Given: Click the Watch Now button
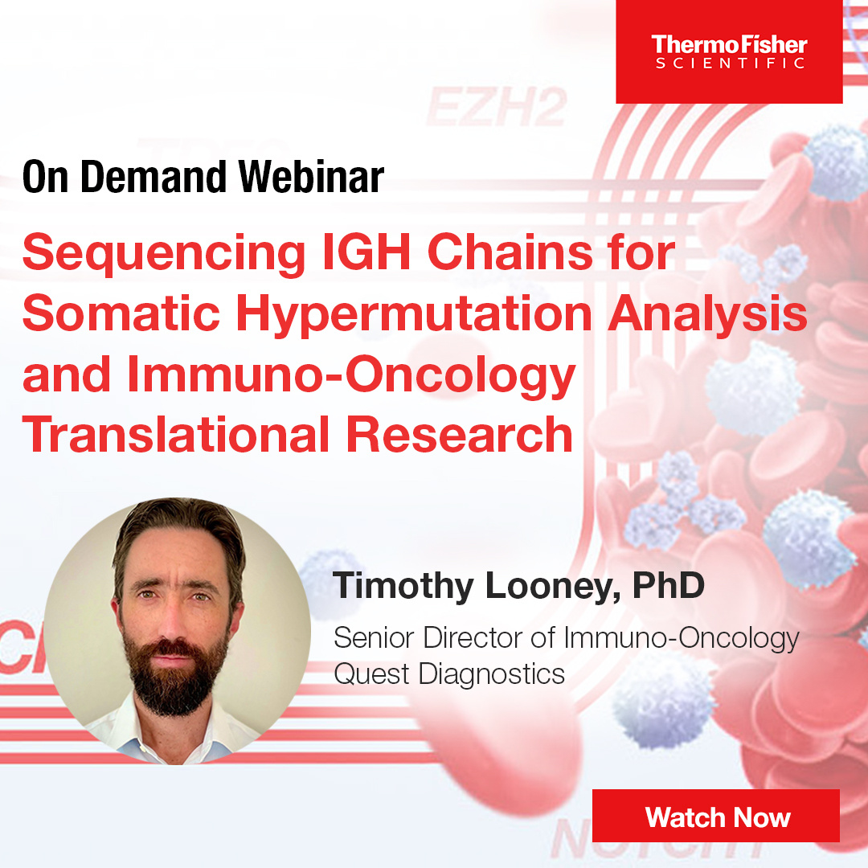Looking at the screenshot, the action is pos(716,816).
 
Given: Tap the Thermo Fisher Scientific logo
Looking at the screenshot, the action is pos(729,52).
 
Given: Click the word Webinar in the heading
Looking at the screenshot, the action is pos(311,177).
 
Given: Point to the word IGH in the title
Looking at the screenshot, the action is pos(366,252).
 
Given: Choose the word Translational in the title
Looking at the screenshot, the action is pos(176,435).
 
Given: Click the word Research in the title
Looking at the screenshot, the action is pos(460,435).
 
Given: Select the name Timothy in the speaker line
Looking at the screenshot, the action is pos(403,587).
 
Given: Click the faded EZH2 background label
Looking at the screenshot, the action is pos(496,108).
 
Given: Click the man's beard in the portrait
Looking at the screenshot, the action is pos(174,673).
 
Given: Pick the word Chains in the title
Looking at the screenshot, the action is pos(510,252).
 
